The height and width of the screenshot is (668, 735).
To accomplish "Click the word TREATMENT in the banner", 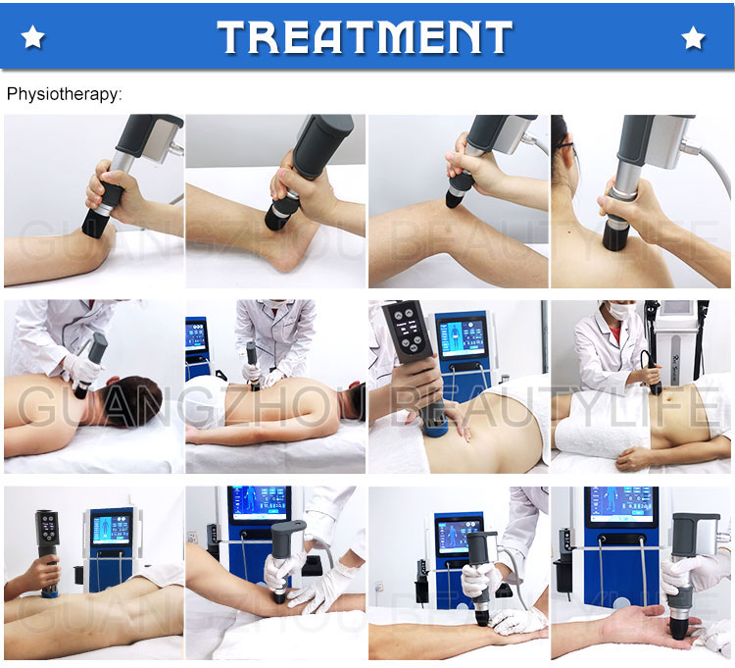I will pos(366,37).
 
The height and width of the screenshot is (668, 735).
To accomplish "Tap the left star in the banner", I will pos(33,38).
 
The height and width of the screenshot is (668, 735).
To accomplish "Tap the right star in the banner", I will pos(694,38).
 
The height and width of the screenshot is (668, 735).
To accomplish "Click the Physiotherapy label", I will pos(65,95).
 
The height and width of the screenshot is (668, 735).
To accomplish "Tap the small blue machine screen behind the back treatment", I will pos(197,339).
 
